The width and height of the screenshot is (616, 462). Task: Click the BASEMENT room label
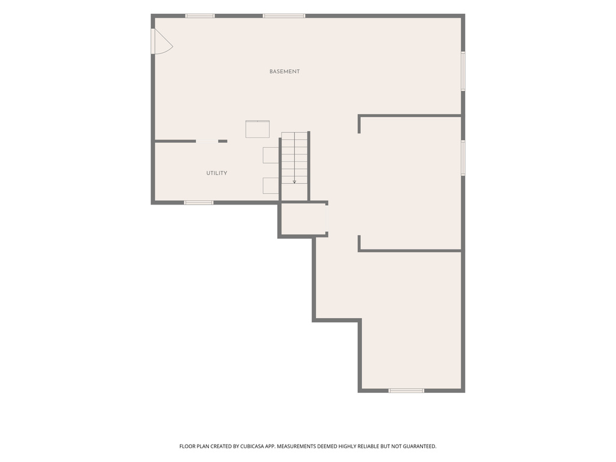285,72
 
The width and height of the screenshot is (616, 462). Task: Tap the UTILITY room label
217,173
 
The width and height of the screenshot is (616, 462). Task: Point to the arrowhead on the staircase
294,182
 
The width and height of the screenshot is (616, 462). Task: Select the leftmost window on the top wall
200,16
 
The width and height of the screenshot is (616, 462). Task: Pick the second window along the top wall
284,16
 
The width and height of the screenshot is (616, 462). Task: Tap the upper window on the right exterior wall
463,71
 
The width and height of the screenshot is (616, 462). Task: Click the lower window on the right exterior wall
463,158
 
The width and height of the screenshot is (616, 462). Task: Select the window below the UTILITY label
199,203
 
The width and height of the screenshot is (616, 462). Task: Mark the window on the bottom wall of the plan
406,390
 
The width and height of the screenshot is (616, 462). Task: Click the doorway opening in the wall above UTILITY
207,141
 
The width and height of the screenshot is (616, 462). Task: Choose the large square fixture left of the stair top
257,129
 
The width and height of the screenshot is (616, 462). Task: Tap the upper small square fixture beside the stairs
271,155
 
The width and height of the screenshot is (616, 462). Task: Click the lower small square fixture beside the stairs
271,185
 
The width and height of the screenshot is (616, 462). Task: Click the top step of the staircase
294,136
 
